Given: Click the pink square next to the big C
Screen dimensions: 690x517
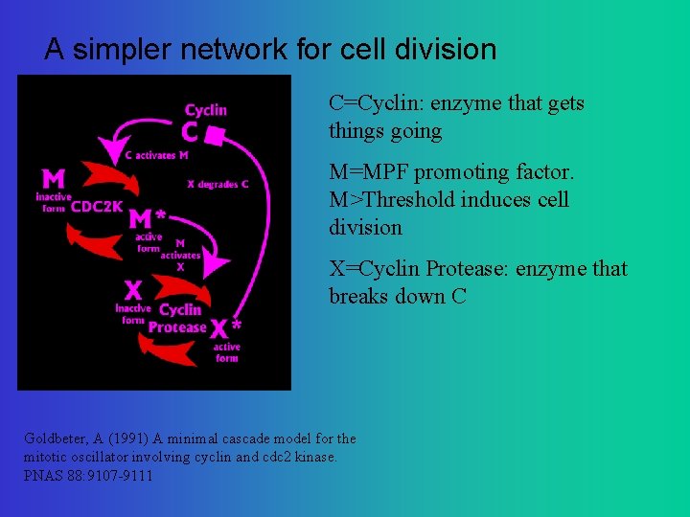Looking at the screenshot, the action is click(x=216, y=140).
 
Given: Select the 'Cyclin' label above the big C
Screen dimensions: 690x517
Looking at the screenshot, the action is click(x=206, y=110).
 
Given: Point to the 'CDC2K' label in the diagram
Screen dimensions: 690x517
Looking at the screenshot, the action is click(x=97, y=205).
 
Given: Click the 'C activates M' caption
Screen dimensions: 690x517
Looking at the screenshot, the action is click(x=157, y=155).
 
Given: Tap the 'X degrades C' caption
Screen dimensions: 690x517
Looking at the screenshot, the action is click(x=218, y=184).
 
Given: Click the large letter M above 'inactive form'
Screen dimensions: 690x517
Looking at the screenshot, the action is click(x=54, y=178).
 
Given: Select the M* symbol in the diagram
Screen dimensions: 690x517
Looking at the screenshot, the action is click(x=147, y=219).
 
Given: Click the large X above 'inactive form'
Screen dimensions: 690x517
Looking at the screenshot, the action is click(x=133, y=288).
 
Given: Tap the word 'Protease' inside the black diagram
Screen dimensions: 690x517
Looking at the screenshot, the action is click(x=177, y=327).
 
